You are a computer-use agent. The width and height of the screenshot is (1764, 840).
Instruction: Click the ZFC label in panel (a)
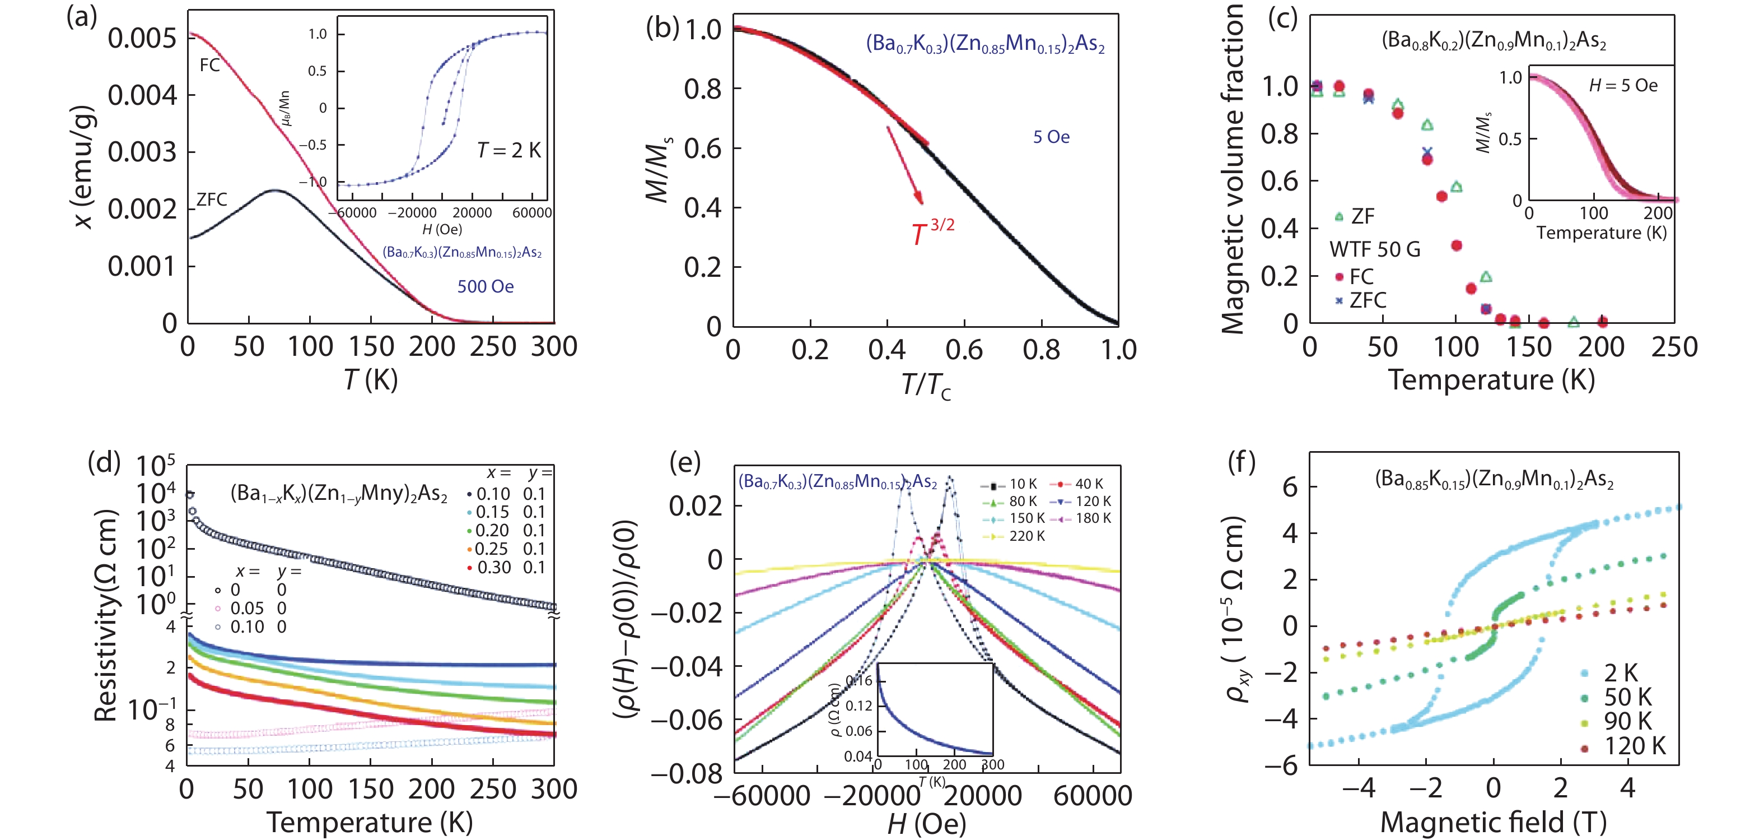pyautogui.click(x=211, y=199)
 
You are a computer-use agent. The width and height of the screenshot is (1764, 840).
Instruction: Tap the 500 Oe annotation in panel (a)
pyautogui.click(x=486, y=286)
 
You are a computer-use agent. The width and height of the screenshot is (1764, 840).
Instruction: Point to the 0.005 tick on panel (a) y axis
pyautogui.click(x=142, y=38)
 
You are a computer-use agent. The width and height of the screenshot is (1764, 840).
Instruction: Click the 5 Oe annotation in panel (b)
pyautogui.click(x=1051, y=137)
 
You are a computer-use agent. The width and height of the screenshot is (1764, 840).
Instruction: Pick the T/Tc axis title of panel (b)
pyautogui.click(x=925, y=386)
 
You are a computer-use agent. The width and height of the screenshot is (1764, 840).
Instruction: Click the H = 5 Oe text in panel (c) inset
pyautogui.click(x=1623, y=86)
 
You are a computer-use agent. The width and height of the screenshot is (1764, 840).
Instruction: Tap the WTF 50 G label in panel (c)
pyautogui.click(x=1374, y=249)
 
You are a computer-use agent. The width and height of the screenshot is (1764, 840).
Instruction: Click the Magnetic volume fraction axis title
pyautogui.click(x=1233, y=169)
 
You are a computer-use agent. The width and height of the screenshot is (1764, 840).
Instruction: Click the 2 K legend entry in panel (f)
pyautogui.click(x=1620, y=673)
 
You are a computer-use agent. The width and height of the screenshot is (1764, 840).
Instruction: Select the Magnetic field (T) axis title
pyautogui.click(x=1493, y=822)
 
